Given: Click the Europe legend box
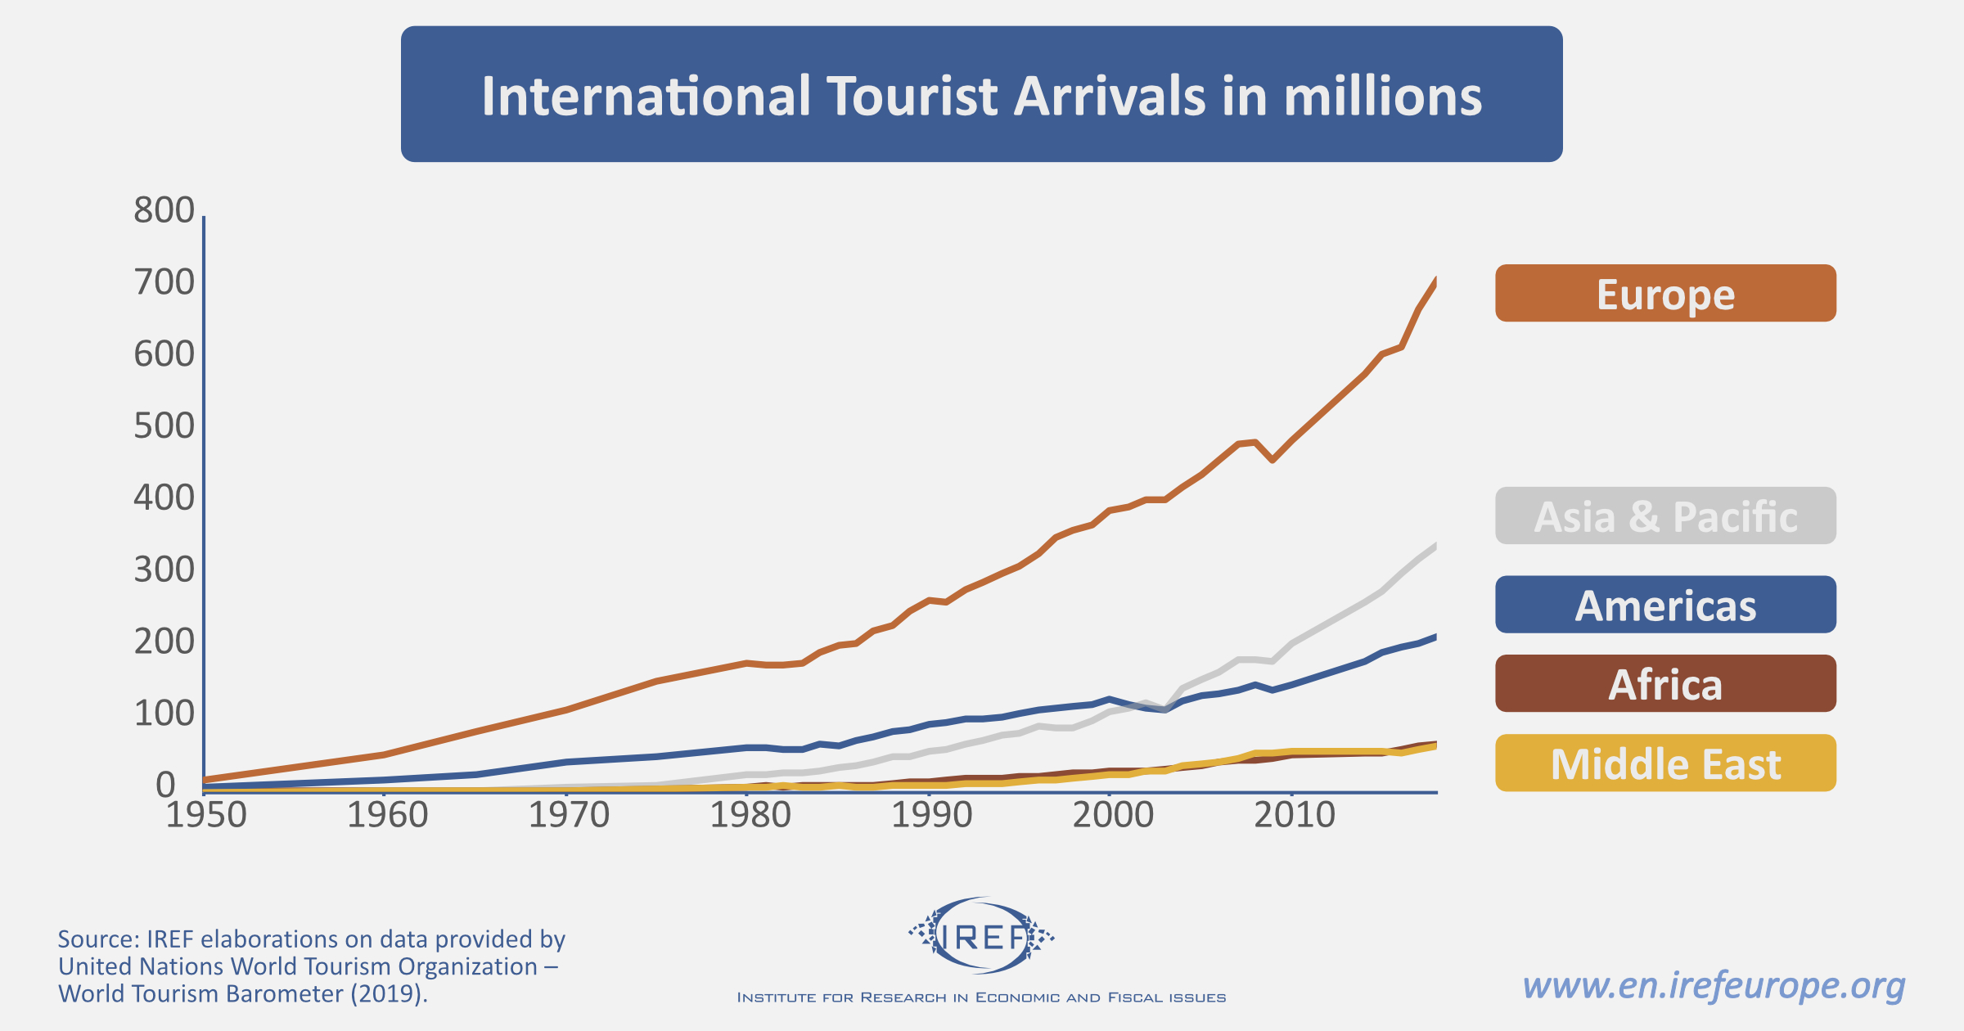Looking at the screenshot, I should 1665,293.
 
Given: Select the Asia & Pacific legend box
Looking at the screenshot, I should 1665,515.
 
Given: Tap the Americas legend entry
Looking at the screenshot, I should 1665,605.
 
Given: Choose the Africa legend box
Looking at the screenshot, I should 1665,683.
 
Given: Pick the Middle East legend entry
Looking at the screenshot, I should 1665,763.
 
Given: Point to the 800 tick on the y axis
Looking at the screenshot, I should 164,210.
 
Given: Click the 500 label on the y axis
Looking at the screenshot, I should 164,426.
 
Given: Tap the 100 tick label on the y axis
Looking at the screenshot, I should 164,714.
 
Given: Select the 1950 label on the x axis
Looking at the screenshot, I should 206,815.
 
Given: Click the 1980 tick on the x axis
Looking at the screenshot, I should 750,815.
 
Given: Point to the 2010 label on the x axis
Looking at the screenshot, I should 1294,815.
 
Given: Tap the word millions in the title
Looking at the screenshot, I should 1382,97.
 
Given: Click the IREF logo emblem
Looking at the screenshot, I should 981,935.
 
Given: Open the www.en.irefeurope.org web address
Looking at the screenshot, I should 1714,985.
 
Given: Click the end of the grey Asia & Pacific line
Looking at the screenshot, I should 1435,546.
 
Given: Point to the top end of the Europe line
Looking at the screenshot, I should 1435,281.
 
